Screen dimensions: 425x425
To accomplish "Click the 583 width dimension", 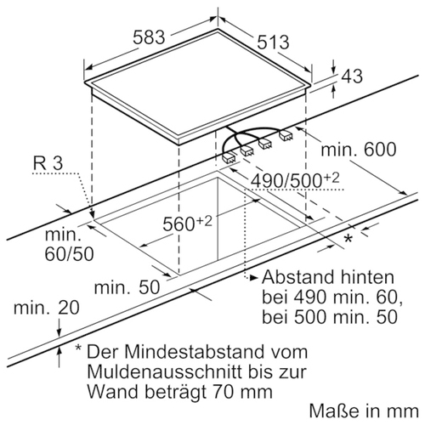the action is (x=149, y=37).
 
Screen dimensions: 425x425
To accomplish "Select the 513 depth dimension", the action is (x=273, y=42).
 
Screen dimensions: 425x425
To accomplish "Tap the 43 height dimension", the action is (x=352, y=76).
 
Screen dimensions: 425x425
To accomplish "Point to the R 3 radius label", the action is (x=48, y=163).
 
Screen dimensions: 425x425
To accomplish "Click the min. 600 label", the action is (x=359, y=149).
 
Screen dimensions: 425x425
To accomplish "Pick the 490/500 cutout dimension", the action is (x=295, y=180).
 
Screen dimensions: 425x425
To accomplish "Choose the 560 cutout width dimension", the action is (x=187, y=224).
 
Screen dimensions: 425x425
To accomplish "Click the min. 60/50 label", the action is (x=69, y=244).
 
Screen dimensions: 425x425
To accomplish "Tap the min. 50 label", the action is (x=127, y=287).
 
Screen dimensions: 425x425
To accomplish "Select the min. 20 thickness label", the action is (x=47, y=308).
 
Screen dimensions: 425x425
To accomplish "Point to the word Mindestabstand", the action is (x=197, y=352).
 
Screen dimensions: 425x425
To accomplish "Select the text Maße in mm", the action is (x=364, y=411).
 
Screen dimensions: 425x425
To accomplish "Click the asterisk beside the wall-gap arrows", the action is (x=348, y=238).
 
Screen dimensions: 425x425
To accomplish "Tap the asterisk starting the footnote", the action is (x=78, y=348).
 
